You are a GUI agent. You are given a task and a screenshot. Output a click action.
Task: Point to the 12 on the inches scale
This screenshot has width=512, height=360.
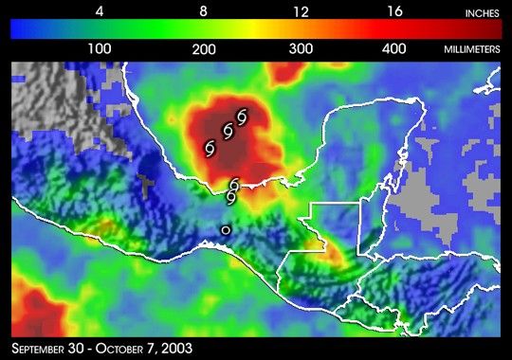(301, 11)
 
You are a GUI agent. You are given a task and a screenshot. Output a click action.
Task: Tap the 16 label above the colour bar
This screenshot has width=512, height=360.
(396, 11)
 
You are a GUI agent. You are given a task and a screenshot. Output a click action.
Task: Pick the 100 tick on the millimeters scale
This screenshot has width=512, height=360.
(100, 47)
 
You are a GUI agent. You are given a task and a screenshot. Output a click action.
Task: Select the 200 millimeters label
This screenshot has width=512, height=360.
(200, 47)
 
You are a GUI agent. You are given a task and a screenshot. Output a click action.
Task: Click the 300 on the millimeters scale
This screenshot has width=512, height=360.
(301, 47)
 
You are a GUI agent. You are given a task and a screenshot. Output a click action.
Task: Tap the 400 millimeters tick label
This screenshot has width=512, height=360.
(396, 47)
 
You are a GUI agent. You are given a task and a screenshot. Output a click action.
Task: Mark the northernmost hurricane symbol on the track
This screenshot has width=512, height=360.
(242, 117)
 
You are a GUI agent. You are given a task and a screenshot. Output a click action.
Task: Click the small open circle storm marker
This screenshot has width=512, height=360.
(226, 229)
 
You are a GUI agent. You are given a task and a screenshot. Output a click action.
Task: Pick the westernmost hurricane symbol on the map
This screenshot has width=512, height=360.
(210, 147)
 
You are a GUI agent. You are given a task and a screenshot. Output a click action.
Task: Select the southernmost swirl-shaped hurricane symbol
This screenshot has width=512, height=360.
(230, 197)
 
